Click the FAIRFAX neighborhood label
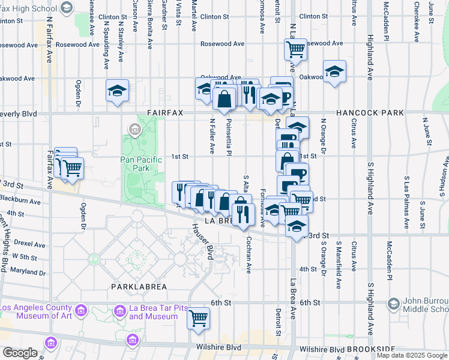tap(165, 113)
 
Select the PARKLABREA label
tap(134, 287)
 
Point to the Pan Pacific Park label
tap(142, 164)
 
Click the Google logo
tap(20, 353)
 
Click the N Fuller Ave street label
tap(212, 136)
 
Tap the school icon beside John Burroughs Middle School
tap(393, 304)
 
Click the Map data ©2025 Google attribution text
tap(412, 355)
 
